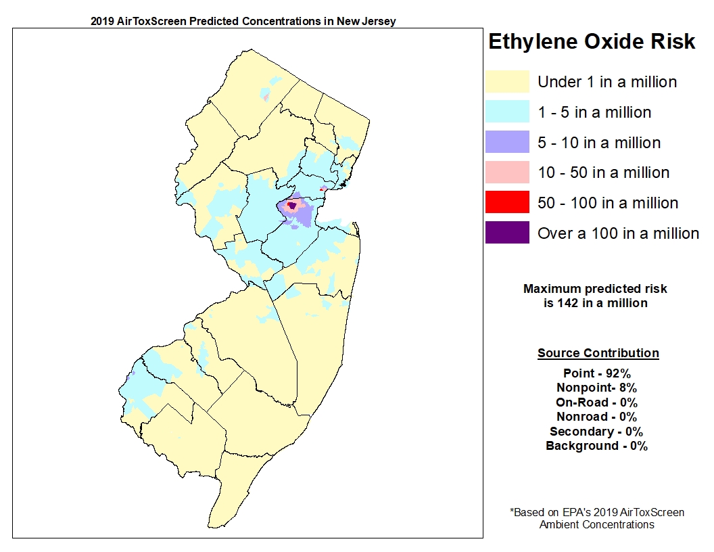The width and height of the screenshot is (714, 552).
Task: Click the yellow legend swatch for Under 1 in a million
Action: (x=507, y=82)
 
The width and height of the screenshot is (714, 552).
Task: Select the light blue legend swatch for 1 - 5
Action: (x=507, y=112)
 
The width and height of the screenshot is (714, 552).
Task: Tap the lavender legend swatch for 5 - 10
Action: (x=507, y=143)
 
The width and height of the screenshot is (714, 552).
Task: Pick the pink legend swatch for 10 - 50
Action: (x=507, y=172)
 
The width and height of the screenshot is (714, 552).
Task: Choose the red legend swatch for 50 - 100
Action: (x=507, y=203)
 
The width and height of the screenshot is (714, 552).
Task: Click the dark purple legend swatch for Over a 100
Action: (x=507, y=233)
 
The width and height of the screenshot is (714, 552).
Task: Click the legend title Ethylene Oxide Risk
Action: (x=592, y=42)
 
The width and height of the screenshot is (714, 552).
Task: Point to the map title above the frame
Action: (x=243, y=21)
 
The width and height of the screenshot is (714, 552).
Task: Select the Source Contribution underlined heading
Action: (x=598, y=353)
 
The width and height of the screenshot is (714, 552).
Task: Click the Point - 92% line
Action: (x=597, y=373)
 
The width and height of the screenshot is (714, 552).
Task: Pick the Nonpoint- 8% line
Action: (x=596, y=388)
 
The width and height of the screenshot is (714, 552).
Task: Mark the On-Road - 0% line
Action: (x=596, y=402)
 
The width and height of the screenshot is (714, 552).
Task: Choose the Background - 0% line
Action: (x=596, y=446)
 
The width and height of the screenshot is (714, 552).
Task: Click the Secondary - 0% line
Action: (x=596, y=432)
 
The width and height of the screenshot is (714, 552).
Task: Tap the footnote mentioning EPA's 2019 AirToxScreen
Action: (x=597, y=518)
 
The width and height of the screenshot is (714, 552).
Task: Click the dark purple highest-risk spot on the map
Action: (x=292, y=205)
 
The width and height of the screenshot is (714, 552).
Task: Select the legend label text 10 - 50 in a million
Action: (x=603, y=173)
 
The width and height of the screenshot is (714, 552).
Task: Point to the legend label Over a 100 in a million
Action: (x=618, y=234)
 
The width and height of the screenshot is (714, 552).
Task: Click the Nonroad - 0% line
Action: (x=596, y=417)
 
